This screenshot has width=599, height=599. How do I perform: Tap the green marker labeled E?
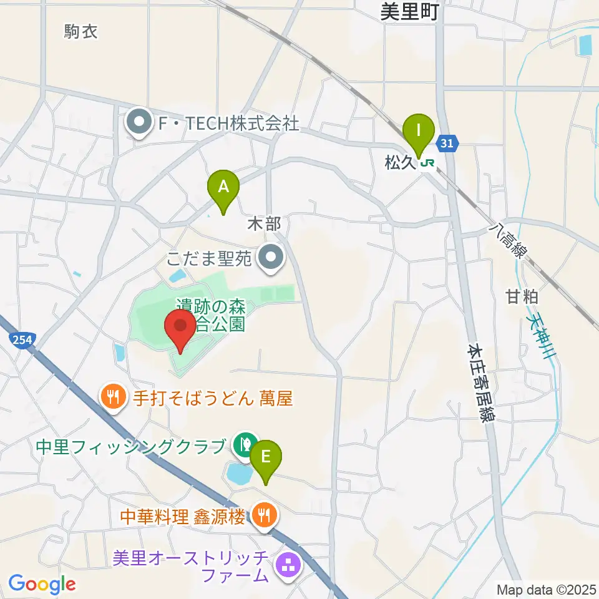265,457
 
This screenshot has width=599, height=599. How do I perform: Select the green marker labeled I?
419,130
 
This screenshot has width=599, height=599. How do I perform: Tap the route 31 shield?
446,144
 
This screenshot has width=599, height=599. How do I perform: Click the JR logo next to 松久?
427,163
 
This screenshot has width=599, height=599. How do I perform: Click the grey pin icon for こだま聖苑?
271,257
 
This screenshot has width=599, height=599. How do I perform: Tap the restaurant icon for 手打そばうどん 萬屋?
113,397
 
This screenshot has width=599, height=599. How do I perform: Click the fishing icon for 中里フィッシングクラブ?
243,445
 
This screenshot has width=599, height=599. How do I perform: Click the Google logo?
42,584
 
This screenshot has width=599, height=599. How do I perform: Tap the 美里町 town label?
410,11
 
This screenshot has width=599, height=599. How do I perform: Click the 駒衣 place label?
81,31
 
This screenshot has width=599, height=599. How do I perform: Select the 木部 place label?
265,223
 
